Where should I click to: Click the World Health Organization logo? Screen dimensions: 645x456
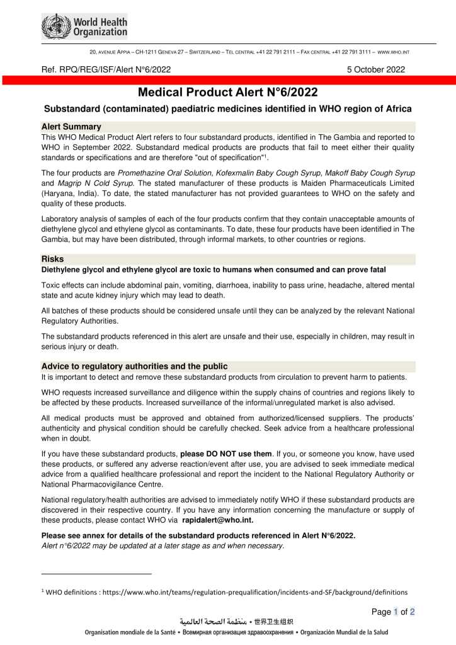tap(84, 26)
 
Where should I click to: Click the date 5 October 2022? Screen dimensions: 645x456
tap(376, 69)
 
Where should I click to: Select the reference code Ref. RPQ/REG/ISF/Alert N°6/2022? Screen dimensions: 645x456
tap(106, 69)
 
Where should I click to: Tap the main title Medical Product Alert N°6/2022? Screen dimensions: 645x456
tap(227, 93)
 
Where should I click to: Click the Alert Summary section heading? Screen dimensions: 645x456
tap(71, 127)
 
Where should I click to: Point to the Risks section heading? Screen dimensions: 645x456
tap(53, 259)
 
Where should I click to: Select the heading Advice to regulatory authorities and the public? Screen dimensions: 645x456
tap(134, 366)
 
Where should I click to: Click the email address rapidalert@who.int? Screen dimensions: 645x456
tap(218, 520)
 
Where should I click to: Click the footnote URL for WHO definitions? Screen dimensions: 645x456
tap(252, 592)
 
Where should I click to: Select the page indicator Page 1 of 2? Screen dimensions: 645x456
tap(393, 612)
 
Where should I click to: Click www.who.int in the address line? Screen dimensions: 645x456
tap(394, 50)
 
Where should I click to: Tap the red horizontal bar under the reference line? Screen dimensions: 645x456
tap(227, 80)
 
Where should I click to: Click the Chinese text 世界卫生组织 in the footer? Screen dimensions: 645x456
tap(273, 622)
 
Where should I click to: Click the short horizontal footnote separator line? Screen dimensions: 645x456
tap(96, 574)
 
